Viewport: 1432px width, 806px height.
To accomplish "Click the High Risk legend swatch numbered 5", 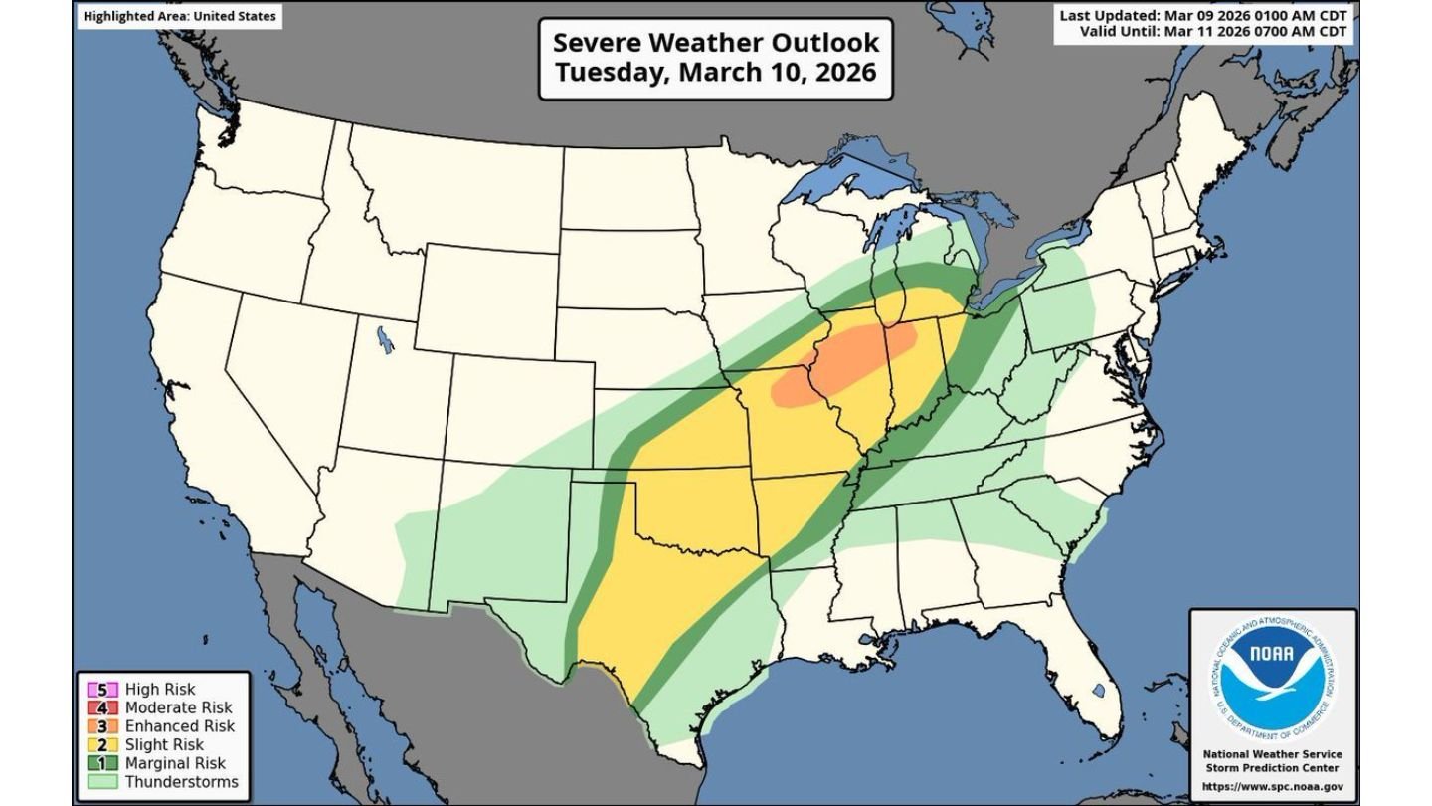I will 101,689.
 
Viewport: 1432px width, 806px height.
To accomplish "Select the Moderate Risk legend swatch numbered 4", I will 101,707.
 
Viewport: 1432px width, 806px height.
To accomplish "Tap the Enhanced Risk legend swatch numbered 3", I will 101,726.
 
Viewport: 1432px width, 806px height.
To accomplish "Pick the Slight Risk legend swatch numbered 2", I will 101,744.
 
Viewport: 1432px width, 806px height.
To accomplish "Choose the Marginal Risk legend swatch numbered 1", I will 101,763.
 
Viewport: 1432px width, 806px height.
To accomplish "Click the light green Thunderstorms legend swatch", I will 101,782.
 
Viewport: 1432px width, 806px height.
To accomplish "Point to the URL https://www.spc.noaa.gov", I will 1274,787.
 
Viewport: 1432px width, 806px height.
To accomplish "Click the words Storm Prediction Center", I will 1274,768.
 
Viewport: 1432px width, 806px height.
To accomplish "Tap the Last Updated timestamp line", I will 1203,16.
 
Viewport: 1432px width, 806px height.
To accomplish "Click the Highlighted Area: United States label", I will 179,16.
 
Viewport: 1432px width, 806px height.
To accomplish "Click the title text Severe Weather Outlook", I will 716,43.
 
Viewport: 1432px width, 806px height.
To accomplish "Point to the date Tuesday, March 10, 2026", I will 716,73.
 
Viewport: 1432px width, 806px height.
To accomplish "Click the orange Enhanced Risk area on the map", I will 845,363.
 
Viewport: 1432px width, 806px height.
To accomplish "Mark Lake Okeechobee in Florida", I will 1098,690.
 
